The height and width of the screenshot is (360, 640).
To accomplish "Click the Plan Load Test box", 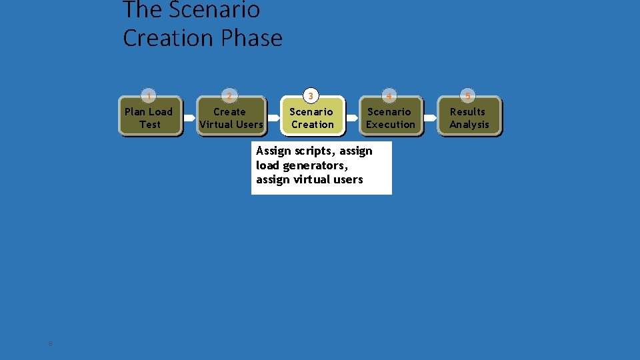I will coord(149,117).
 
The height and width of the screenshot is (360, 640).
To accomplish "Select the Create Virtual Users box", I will coord(231,117).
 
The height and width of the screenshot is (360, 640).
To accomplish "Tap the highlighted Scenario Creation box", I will coord(311,117).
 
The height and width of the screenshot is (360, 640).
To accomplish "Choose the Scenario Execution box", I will coord(390,117).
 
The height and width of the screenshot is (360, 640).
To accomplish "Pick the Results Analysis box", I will coord(469,117).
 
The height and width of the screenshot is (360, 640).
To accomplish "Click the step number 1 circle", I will coord(150,95).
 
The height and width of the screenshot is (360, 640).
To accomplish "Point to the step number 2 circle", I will coord(229,95).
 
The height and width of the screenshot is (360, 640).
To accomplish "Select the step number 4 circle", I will coord(389,95).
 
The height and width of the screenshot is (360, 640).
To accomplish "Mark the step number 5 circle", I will coord(467,95).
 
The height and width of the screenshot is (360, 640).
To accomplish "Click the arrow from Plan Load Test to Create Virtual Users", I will coord(189,117).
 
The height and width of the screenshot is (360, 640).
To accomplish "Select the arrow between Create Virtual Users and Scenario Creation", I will coord(274,117).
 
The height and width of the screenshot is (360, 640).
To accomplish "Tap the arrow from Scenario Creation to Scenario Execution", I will coord(353,117).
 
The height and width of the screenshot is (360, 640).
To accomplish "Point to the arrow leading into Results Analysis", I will coord(431,117).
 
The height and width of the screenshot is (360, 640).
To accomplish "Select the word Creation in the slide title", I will coord(169,38).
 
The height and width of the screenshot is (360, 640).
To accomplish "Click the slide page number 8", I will coord(50,343).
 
